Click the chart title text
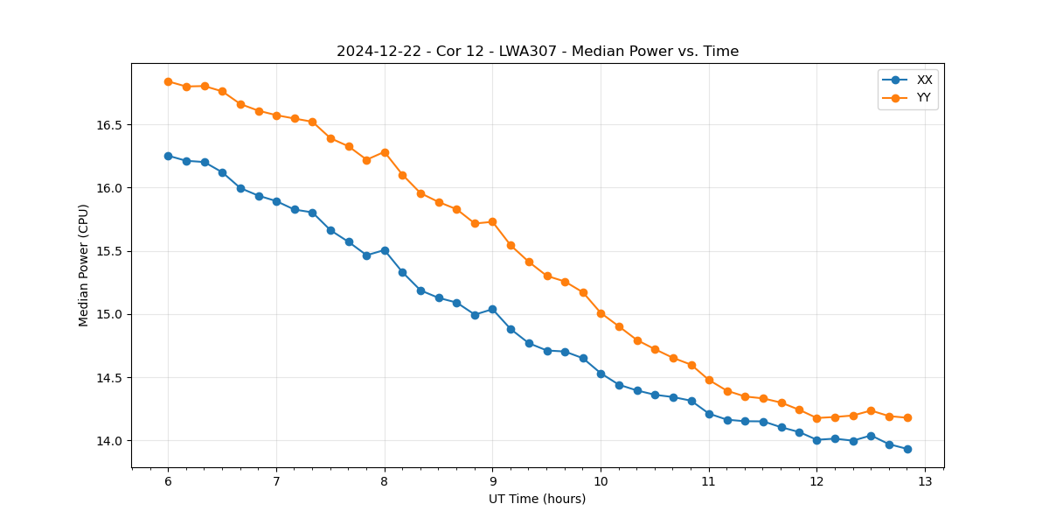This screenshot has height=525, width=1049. (x=538, y=52)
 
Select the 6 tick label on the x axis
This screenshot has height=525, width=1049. (x=168, y=482)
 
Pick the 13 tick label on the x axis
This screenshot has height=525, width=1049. (x=925, y=482)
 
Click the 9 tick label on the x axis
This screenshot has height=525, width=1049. (x=492, y=482)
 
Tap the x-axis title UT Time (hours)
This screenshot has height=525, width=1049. (x=537, y=500)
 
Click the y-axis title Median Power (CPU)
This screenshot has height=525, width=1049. (x=84, y=265)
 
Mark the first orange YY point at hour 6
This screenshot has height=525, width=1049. (x=168, y=81)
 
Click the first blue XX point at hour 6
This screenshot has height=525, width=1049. (x=168, y=156)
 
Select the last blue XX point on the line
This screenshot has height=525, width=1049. (x=907, y=449)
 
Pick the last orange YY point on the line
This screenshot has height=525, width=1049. (x=907, y=418)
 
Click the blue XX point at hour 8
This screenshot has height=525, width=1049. (x=385, y=250)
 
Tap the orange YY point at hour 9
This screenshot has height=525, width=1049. (x=492, y=221)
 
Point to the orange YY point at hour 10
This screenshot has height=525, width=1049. (x=601, y=313)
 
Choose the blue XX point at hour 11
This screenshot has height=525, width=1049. (x=709, y=414)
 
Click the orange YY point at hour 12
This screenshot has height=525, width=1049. (x=816, y=418)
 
